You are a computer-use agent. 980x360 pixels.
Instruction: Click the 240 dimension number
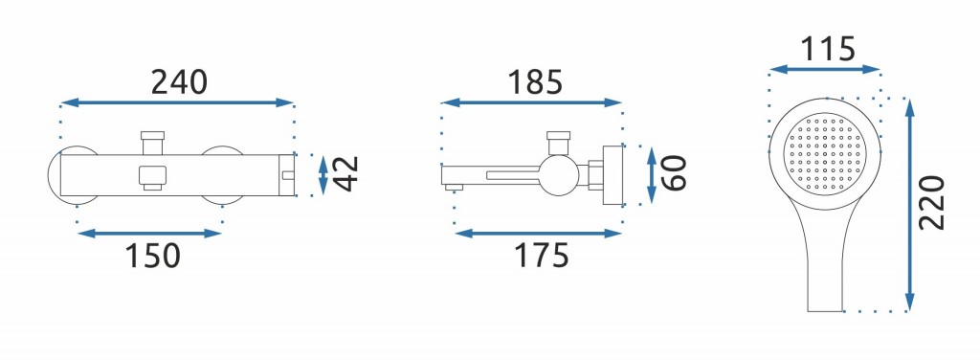coord(179,82)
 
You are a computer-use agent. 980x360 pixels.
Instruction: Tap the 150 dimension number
coord(153,255)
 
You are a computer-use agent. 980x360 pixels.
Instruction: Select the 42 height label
coord(345,173)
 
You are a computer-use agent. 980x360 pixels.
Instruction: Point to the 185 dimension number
coord(535,82)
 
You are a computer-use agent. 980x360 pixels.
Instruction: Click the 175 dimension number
coord(542,255)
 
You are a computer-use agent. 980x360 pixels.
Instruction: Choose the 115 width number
coord(828,49)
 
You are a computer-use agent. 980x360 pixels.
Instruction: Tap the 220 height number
coord(932,203)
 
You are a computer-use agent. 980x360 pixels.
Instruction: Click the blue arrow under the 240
coord(177,102)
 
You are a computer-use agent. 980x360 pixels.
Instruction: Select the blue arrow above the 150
coord(149,234)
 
